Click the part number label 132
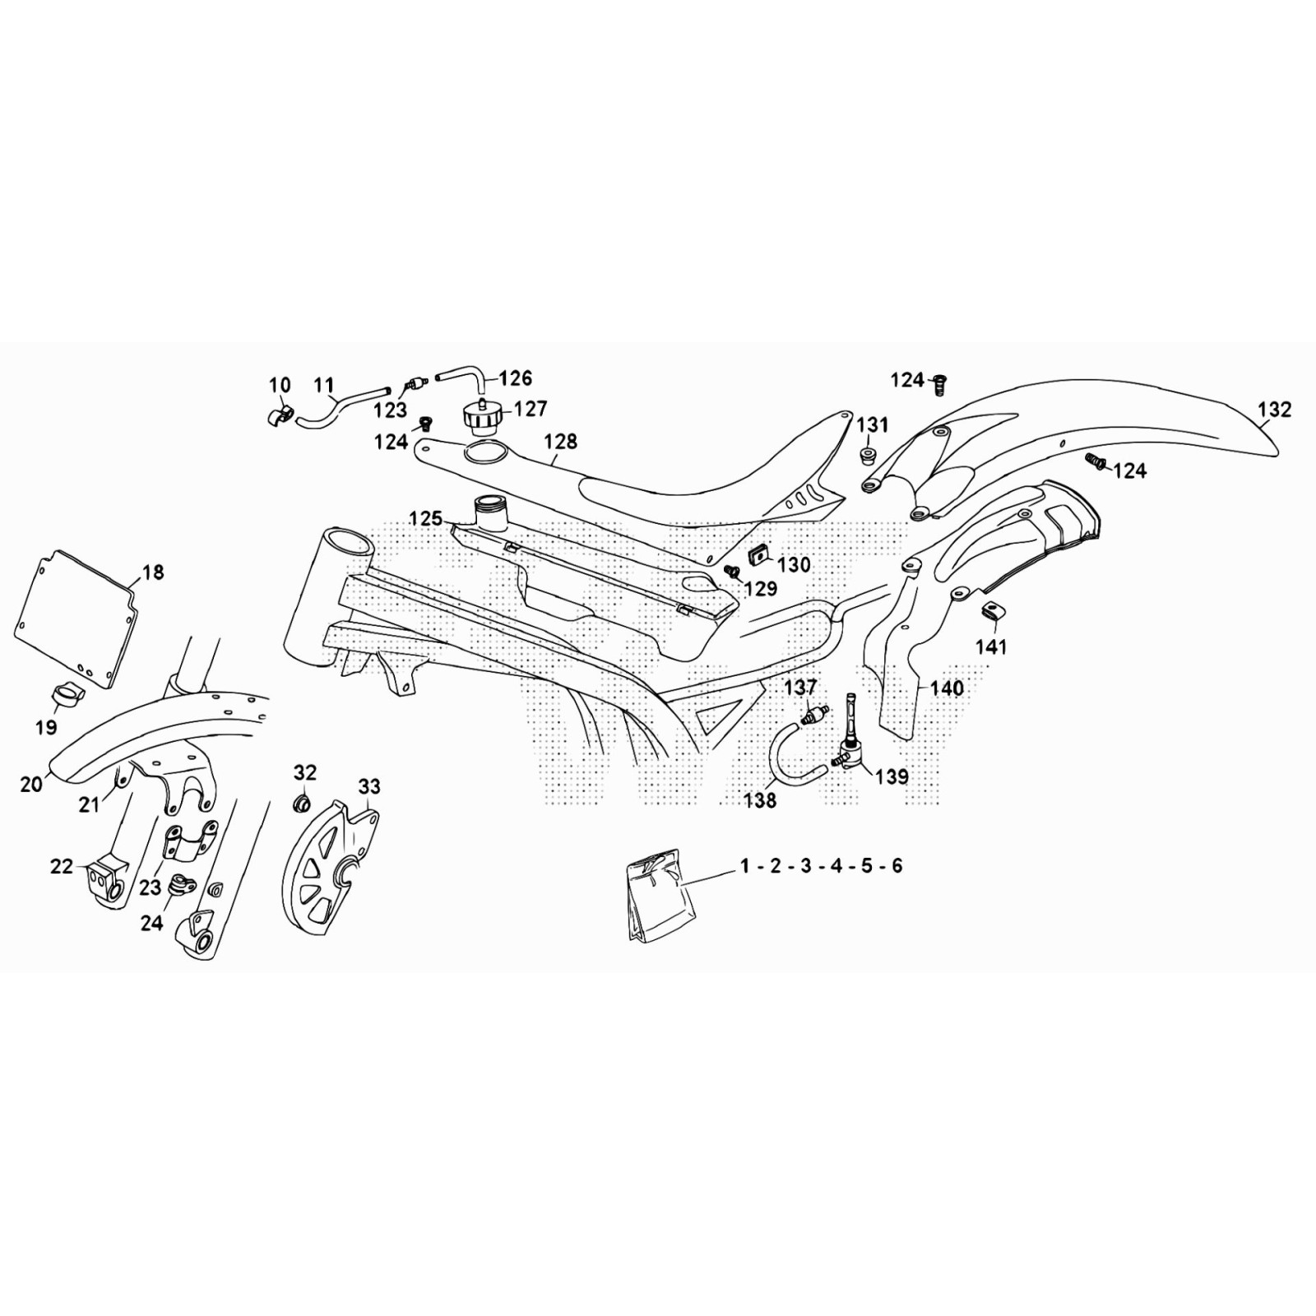click(x=1274, y=410)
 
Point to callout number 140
click(x=946, y=688)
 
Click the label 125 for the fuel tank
click(x=426, y=520)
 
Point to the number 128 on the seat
click(x=561, y=442)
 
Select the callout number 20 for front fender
click(x=31, y=785)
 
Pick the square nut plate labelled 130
click(x=758, y=557)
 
